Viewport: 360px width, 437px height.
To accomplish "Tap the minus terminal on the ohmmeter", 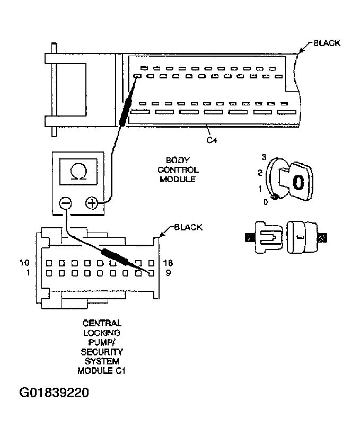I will (x=66, y=203).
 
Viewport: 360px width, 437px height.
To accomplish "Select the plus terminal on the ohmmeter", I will (x=91, y=203).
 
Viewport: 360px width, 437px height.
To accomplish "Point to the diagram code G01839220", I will (x=54, y=393).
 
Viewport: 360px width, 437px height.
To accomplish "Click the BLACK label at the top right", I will (x=327, y=43).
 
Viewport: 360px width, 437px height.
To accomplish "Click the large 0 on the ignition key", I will (x=298, y=182).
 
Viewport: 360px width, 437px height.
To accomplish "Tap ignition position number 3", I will (x=263, y=157).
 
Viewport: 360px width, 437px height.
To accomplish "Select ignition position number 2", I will (x=260, y=172).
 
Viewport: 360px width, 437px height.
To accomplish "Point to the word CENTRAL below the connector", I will (x=102, y=323).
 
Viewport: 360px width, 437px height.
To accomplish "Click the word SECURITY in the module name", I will (x=102, y=352).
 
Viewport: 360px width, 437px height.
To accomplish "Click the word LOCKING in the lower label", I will (x=102, y=332).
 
